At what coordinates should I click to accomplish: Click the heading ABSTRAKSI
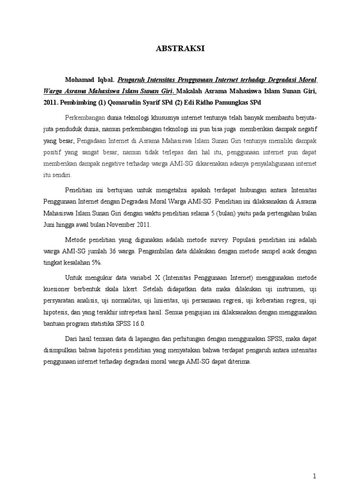pos(180,48)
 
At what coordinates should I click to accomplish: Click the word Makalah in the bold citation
pos(194,91)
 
